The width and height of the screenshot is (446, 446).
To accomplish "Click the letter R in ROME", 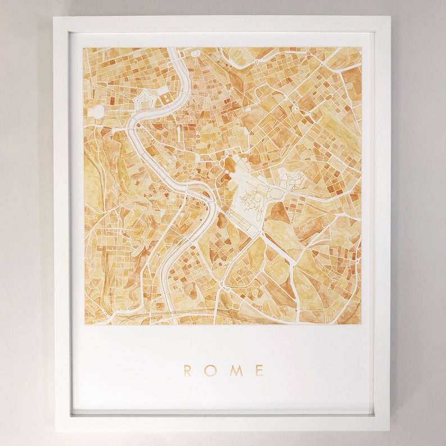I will tap(188, 370).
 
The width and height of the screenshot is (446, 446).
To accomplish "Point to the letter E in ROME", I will tap(259, 370).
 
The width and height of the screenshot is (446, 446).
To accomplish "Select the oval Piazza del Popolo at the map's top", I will tap(195, 53).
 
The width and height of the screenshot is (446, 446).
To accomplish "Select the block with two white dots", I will tap(166, 98).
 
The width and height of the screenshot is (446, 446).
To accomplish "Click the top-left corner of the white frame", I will tap(54, 17).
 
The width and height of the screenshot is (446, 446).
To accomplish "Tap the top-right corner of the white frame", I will tap(389, 17).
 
